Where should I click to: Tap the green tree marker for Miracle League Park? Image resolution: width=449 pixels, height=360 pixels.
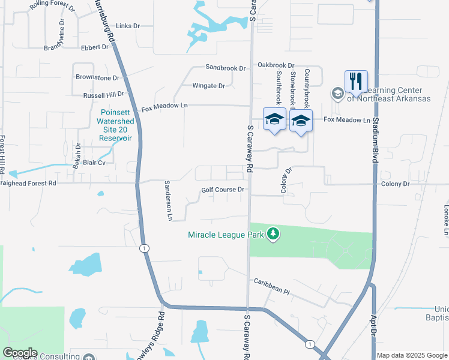click(x=273, y=233)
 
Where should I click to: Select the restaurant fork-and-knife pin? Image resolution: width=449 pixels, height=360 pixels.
click(x=355, y=81)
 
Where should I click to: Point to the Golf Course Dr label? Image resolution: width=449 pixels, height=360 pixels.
click(x=222, y=190)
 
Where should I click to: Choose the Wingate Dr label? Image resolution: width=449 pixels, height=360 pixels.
click(x=208, y=86)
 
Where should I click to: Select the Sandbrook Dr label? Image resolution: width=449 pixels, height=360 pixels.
click(x=225, y=68)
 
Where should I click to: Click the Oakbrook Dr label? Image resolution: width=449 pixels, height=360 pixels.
click(x=276, y=65)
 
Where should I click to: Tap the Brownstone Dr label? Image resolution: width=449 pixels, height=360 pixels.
click(x=97, y=77)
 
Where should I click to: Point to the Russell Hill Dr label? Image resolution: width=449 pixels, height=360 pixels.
click(x=103, y=94)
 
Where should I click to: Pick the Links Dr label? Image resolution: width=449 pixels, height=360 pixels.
click(x=127, y=26)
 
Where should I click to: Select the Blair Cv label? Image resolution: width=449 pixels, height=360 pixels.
click(x=94, y=162)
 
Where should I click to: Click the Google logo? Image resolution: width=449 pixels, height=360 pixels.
click(x=20, y=353)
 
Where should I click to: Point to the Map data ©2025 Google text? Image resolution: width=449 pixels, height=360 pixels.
click(x=412, y=355)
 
